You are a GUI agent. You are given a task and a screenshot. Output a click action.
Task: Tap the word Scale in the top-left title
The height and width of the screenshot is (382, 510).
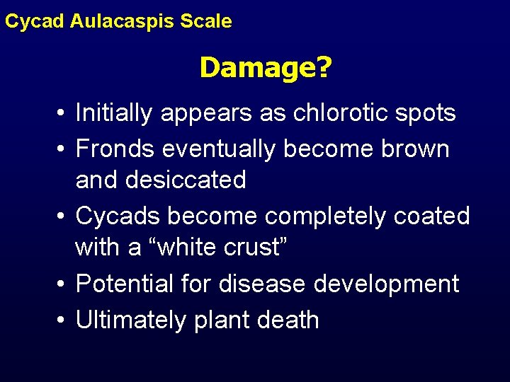tap(206, 21)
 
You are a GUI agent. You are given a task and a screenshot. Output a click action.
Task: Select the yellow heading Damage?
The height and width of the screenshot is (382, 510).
tap(266, 69)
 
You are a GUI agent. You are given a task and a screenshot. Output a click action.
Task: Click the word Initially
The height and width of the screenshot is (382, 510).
tap(113, 113)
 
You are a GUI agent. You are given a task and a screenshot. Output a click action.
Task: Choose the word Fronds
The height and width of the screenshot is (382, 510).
tap(115, 149)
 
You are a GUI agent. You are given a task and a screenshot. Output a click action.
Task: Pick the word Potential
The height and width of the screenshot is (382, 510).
tap(124, 284)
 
